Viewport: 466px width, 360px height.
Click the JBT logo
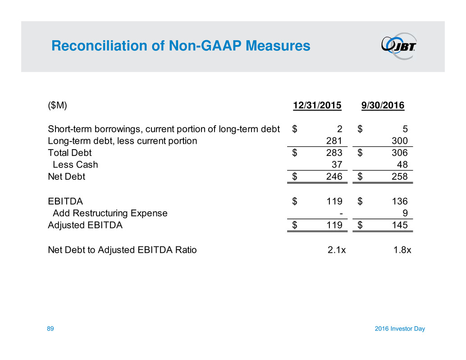pyautogui.click(x=399, y=46)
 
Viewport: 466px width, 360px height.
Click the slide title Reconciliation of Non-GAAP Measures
pyautogui.click(x=181, y=46)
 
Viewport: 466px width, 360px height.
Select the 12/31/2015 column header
pyautogui.click(x=317, y=106)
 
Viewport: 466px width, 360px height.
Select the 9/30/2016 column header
pyautogui.click(x=383, y=106)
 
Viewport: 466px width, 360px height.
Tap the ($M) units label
pyautogui.click(x=57, y=106)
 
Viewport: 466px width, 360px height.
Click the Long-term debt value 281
pyautogui.click(x=334, y=141)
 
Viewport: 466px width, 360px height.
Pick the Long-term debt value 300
pyautogui.click(x=400, y=141)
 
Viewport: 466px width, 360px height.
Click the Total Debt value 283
pyautogui.click(x=334, y=153)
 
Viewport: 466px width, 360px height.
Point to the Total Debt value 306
pyautogui.click(x=400, y=153)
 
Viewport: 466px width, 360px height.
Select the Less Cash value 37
pyautogui.click(x=337, y=165)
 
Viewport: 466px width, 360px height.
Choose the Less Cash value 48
pyautogui.click(x=402, y=165)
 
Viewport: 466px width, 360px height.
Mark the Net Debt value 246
pyautogui.click(x=334, y=177)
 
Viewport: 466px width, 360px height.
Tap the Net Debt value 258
pyautogui.click(x=400, y=177)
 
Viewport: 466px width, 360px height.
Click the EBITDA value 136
pyautogui.click(x=400, y=201)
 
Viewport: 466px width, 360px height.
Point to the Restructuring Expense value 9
pyautogui.click(x=405, y=213)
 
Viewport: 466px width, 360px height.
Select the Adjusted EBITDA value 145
pyautogui.click(x=400, y=225)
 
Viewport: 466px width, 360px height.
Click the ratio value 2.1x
pyautogui.click(x=337, y=250)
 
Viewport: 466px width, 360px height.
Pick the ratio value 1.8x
pyautogui.click(x=402, y=250)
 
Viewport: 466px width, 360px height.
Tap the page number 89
pyautogui.click(x=51, y=329)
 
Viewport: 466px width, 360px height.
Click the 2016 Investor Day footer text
pyautogui.click(x=399, y=329)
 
